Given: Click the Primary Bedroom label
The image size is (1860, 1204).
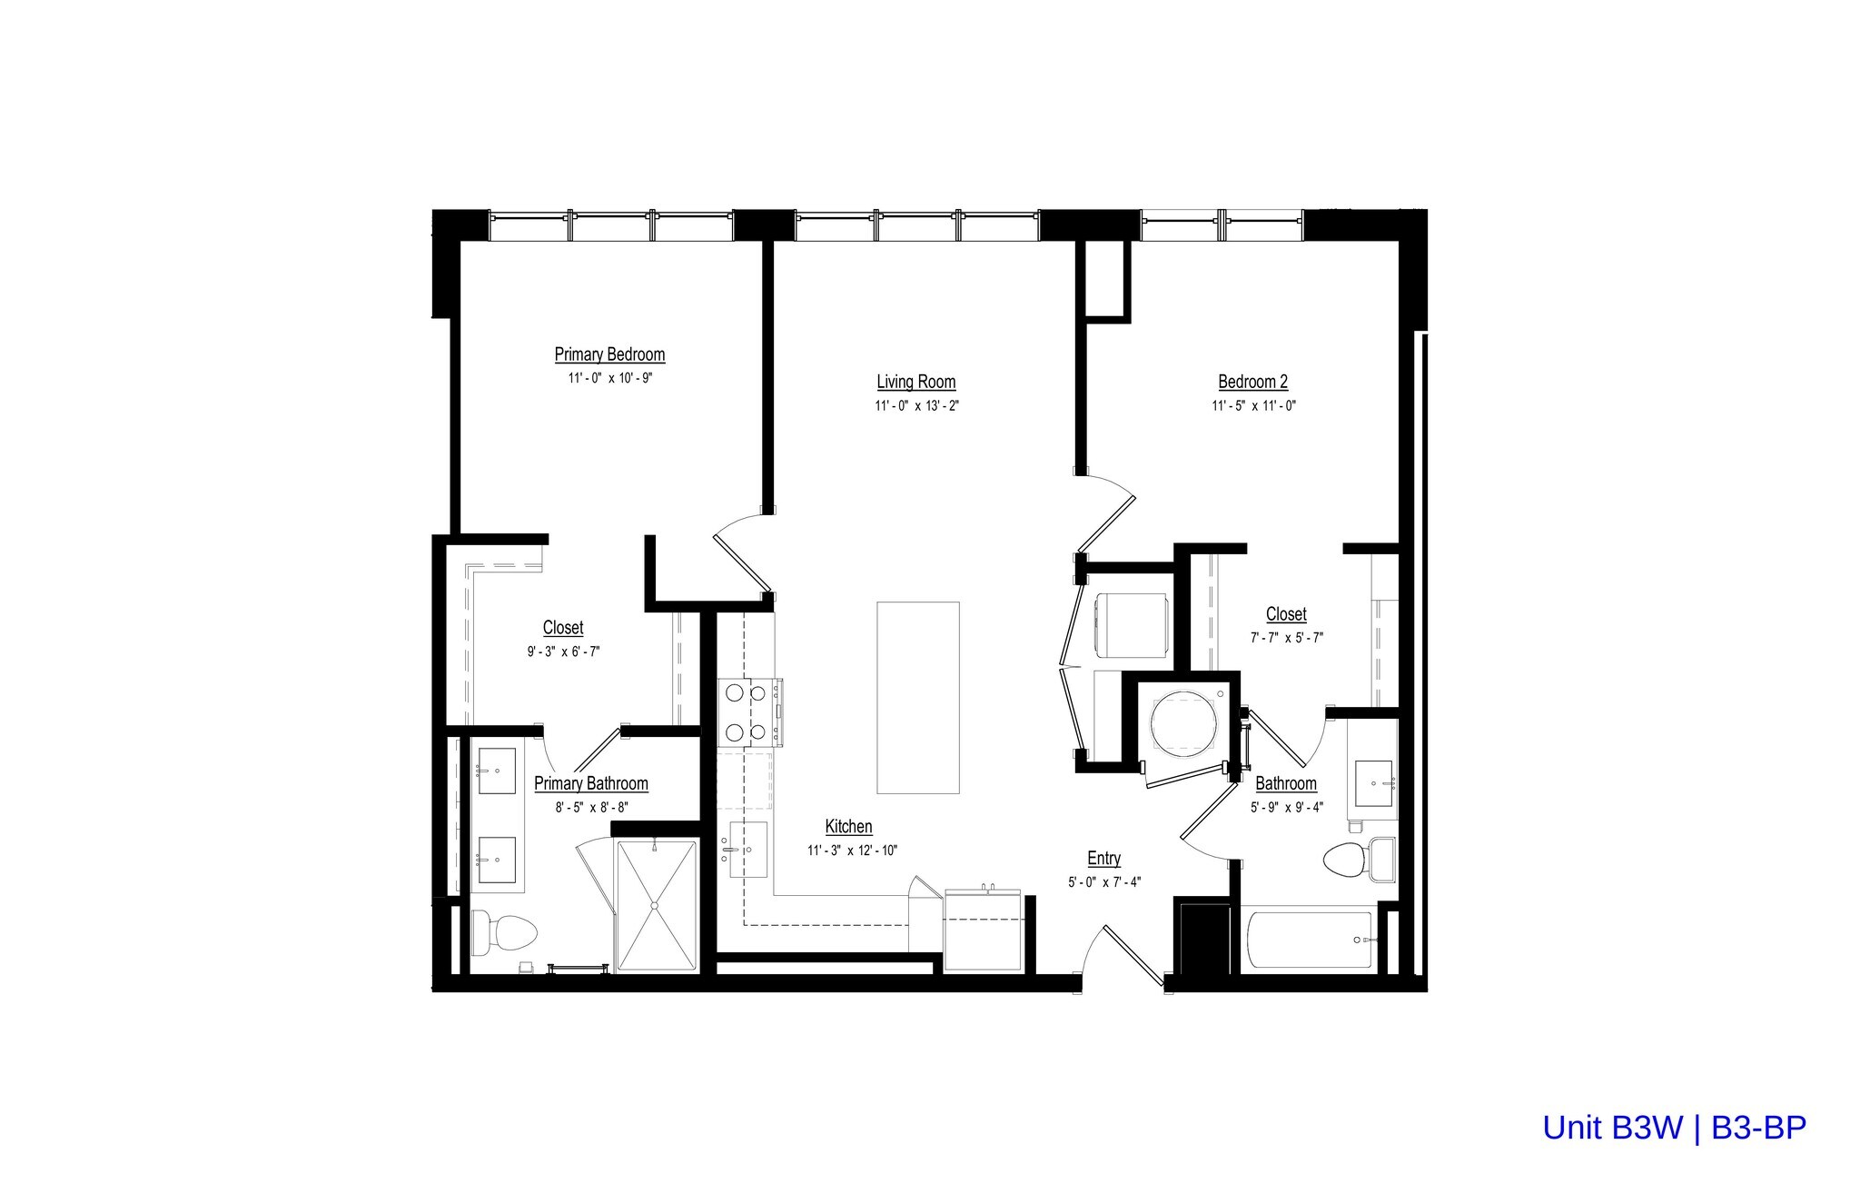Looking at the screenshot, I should [x=609, y=354].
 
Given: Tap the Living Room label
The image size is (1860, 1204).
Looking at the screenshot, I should [x=915, y=383].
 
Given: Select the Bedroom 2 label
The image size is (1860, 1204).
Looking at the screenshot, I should [x=1252, y=383].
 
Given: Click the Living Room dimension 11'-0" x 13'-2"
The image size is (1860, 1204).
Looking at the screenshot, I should [x=916, y=406].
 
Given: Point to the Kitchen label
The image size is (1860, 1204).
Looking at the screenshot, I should [x=848, y=827].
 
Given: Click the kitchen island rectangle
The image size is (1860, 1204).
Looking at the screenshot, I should [x=917, y=697].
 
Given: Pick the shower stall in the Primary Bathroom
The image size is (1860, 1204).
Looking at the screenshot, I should [x=657, y=906].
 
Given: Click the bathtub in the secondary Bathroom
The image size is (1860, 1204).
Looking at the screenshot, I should [x=1311, y=940].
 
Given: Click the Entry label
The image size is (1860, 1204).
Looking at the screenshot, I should [x=1103, y=859].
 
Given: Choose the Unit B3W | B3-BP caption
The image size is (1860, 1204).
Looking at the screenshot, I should [x=1674, y=1128].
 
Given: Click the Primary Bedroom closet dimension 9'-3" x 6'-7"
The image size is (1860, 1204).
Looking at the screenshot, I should [x=563, y=652].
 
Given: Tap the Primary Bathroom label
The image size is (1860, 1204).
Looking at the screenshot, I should [x=590, y=783].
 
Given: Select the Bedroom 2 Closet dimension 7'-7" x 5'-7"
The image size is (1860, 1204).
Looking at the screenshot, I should [x=1286, y=638].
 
